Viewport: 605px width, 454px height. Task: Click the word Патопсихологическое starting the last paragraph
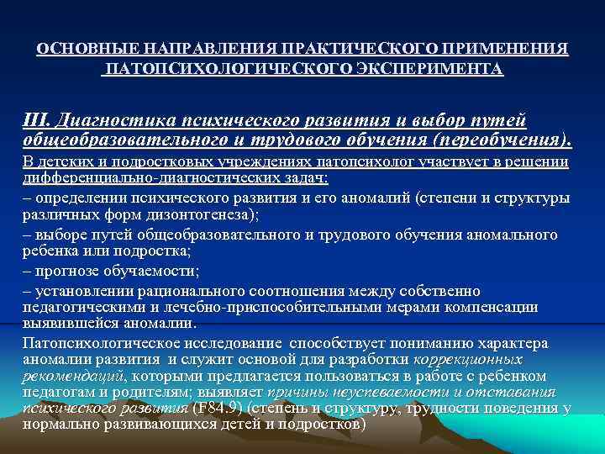click(102, 343)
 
